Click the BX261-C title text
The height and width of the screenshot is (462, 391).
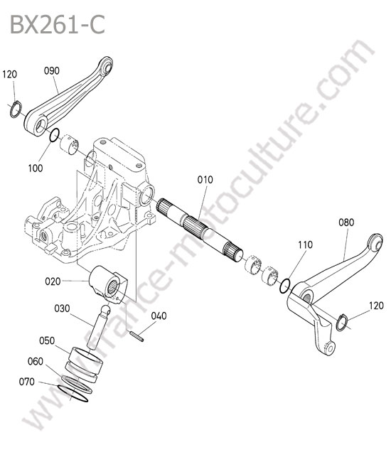point(58,25)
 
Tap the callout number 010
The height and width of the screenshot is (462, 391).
point(205,179)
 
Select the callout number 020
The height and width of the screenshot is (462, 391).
point(53,281)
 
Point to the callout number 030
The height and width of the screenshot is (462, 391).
point(62,308)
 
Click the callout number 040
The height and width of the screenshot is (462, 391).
point(159,316)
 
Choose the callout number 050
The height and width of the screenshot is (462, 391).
point(47,340)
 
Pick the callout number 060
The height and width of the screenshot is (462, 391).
point(36,361)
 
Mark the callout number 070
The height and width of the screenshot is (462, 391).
point(27,382)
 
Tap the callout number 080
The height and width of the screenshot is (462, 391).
point(346,222)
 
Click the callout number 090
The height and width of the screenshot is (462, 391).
point(52,70)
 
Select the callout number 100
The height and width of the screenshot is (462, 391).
point(36,168)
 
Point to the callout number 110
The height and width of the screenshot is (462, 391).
point(305,245)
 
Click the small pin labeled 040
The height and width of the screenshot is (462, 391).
point(137,337)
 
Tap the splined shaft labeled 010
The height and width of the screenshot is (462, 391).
point(200,230)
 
